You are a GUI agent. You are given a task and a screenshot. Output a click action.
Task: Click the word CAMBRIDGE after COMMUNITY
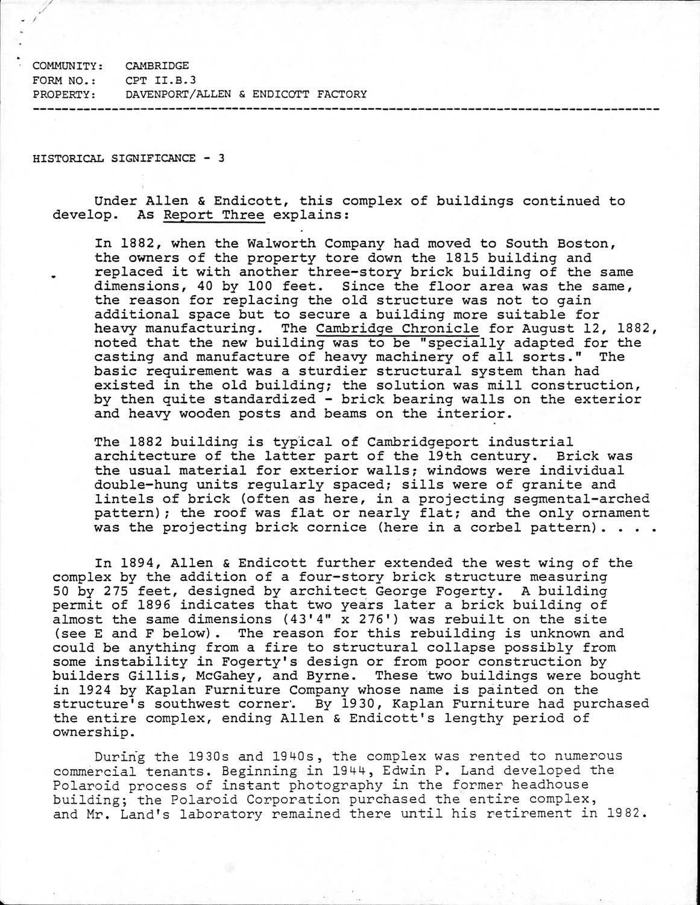(157, 66)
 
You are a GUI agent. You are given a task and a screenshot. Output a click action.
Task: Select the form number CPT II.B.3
(161, 80)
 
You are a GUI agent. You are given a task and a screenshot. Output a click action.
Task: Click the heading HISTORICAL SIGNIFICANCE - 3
(129, 159)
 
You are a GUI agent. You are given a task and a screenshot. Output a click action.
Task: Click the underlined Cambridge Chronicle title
(398, 329)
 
